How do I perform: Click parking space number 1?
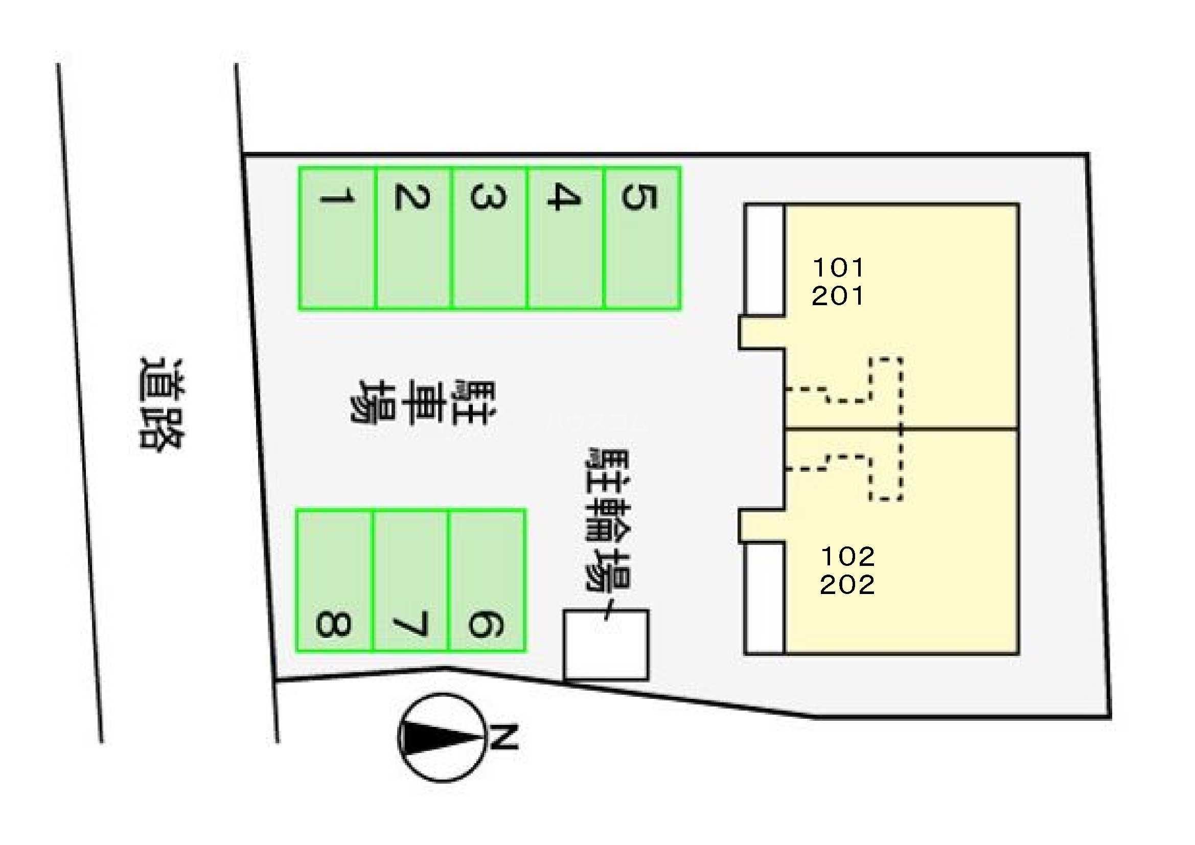pyautogui.click(x=337, y=238)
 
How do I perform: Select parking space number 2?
pyautogui.click(x=413, y=238)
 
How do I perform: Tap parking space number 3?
pyautogui.click(x=489, y=238)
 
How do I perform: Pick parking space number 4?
pyautogui.click(x=566, y=238)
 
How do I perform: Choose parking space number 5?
pyautogui.click(x=642, y=238)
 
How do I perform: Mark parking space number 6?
pyautogui.click(x=487, y=581)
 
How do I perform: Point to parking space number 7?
pyautogui.click(x=410, y=581)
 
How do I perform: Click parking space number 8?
pyautogui.click(x=335, y=581)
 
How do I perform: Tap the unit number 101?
pyautogui.click(x=838, y=268)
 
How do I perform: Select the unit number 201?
pyautogui.click(x=838, y=295)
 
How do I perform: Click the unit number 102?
pyautogui.click(x=847, y=557)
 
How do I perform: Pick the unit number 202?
pyautogui.click(x=847, y=585)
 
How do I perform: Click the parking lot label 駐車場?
pyautogui.click(x=423, y=402)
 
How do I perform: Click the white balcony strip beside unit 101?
pyautogui.click(x=765, y=260)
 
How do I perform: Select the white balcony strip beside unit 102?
pyautogui.click(x=765, y=598)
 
